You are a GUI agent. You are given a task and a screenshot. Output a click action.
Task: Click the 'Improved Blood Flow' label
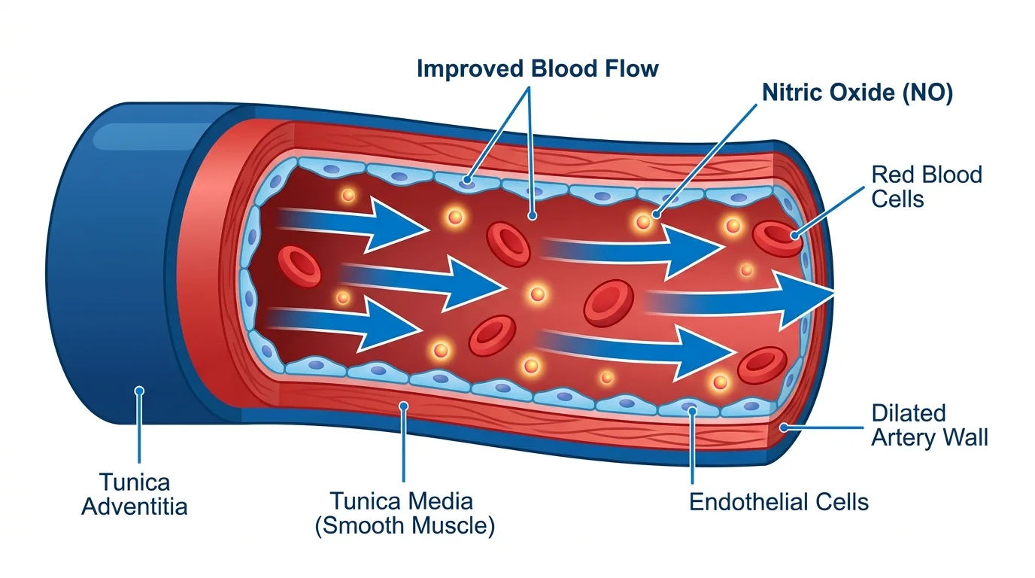coord(537,69)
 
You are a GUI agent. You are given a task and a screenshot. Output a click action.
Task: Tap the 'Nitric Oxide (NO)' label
coord(857,93)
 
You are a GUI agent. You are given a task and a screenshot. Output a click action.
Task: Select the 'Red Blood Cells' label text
coord(927,186)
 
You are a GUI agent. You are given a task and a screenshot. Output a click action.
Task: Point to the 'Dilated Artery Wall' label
coord(929,425)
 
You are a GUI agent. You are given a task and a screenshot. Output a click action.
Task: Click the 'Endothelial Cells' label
coord(779,502)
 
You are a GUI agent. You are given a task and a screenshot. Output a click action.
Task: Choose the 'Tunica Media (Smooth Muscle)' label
coord(404,513)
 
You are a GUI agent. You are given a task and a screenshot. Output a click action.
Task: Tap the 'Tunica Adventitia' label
coord(135,494)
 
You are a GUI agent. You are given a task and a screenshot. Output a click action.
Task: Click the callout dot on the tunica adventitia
coord(138,391)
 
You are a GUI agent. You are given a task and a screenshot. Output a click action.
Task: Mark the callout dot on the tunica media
coord(404,406)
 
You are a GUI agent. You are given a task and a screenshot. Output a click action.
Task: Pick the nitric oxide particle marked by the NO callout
coord(644,221)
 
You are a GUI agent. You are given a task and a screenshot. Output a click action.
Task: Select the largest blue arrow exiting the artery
coord(752,299)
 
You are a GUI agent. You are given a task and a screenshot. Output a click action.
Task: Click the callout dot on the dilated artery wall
coord(784,427)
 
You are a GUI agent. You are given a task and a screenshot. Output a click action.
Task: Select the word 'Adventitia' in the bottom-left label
coord(135,506)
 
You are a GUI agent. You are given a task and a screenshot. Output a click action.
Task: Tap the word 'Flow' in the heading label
coord(623,69)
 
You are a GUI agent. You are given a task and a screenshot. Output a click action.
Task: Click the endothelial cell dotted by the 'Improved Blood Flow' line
coord(468,181)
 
